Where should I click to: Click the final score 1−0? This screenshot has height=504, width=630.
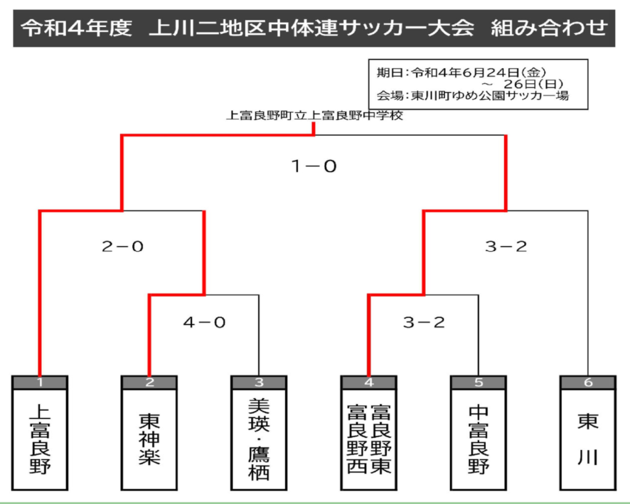click(314, 166)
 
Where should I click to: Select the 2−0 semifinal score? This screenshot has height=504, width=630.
click(122, 246)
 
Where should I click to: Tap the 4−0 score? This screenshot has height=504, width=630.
click(204, 322)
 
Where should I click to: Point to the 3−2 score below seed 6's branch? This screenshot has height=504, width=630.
click(506, 246)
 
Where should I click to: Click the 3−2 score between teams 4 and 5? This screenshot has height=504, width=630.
click(424, 322)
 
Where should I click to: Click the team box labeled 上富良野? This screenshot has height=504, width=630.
click(40, 433)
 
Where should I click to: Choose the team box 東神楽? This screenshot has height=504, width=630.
click(149, 433)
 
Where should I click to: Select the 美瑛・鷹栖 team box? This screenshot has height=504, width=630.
click(259, 433)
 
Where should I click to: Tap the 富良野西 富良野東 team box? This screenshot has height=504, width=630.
click(369, 433)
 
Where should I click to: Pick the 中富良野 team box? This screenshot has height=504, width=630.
click(479, 433)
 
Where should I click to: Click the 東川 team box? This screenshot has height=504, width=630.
click(588, 433)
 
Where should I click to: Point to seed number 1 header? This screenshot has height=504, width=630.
click(40, 382)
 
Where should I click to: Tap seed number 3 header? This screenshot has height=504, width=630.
click(259, 382)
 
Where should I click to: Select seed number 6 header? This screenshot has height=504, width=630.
click(588, 382)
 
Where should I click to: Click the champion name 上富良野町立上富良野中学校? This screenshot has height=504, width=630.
click(314, 116)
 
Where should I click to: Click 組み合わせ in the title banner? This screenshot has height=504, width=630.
click(549, 28)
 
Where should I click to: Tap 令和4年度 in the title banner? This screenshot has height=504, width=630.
click(76, 28)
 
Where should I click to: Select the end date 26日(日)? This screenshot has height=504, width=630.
click(533, 84)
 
